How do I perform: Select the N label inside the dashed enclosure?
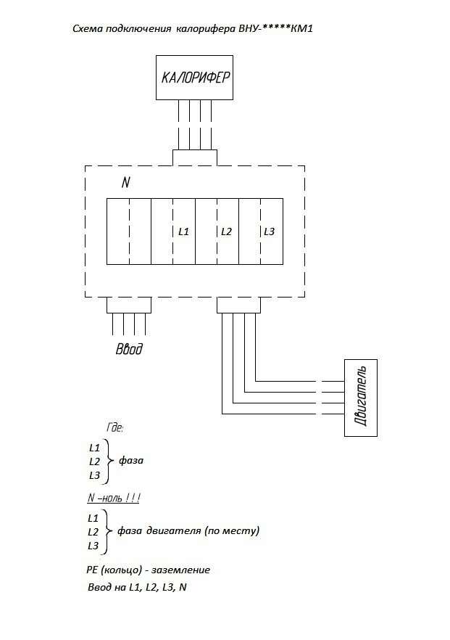click(126, 182)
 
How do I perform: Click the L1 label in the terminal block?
click(183, 232)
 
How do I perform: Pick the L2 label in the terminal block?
click(226, 232)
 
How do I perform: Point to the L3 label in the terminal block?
click(269, 232)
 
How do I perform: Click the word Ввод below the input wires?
click(129, 349)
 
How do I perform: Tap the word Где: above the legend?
click(115, 427)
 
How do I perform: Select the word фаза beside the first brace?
click(131, 461)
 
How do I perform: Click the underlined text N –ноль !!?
click(114, 499)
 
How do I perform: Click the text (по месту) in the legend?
click(233, 531)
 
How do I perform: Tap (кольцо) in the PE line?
click(120, 570)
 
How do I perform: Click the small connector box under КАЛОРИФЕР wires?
click(195, 158)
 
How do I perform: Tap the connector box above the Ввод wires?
click(129, 305)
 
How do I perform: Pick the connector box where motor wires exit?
click(238, 305)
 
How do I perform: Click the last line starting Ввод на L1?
click(138, 587)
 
